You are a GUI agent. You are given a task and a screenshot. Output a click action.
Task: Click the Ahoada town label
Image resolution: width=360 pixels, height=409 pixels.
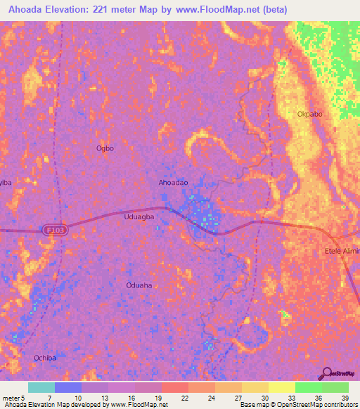[x=173, y=183]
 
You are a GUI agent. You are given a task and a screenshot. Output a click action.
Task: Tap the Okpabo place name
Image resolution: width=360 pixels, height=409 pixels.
[x=310, y=114]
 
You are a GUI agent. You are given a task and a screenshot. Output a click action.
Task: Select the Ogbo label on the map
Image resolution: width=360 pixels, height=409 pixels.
[x=105, y=148]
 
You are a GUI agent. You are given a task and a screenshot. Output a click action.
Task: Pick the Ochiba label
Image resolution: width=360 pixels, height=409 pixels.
[x=44, y=358]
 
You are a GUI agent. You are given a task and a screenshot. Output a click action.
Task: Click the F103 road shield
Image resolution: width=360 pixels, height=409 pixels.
[x=55, y=230]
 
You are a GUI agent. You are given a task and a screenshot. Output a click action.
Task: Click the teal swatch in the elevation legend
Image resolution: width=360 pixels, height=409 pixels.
[x=41, y=387]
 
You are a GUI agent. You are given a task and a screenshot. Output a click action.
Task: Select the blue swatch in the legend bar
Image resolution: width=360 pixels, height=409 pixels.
[x=68, y=387]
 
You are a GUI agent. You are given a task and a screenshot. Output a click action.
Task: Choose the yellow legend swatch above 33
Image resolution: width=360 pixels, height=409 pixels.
[x=282, y=387]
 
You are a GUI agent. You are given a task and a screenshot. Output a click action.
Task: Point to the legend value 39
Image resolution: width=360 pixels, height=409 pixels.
[x=345, y=397]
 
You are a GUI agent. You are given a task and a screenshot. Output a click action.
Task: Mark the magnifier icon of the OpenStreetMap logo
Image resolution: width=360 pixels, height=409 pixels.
[x=326, y=372]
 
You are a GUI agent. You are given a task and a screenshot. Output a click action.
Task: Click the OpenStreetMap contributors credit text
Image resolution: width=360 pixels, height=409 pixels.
[x=319, y=405]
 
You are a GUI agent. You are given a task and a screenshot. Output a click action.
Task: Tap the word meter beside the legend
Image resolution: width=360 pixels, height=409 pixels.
[x=11, y=397]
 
